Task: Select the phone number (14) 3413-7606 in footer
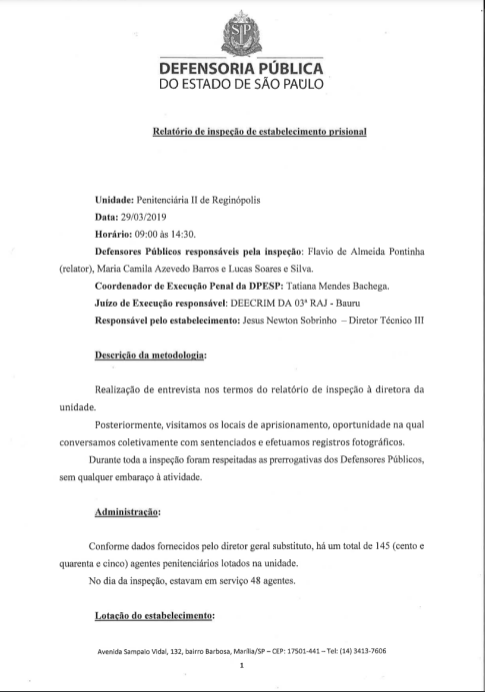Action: (360, 651)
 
